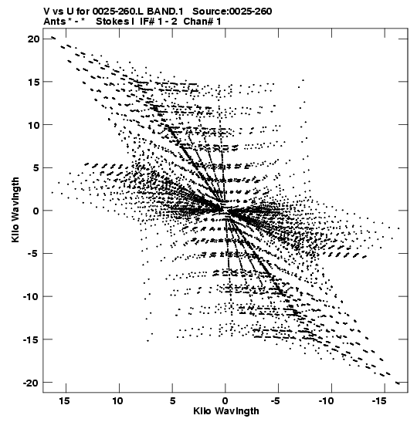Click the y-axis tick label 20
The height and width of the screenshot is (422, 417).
point(33,39)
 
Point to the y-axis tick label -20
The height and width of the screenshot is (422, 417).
point(31,383)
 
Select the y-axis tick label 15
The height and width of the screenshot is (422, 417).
point(33,82)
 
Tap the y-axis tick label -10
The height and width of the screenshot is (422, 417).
point(31,296)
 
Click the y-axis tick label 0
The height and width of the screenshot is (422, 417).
point(36,211)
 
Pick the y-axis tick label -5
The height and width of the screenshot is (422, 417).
point(34,254)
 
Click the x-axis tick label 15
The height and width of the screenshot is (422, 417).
point(65,401)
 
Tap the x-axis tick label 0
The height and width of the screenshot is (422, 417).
point(225,401)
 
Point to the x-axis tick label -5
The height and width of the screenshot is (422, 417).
point(276,401)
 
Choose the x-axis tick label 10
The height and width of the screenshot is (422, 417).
point(118,401)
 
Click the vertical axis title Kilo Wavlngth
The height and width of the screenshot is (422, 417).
point(15,210)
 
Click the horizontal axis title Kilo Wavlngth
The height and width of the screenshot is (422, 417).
point(226,411)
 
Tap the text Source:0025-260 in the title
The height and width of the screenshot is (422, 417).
point(232,12)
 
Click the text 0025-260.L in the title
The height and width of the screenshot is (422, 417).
point(118,12)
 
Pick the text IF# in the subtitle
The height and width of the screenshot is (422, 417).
point(147,21)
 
